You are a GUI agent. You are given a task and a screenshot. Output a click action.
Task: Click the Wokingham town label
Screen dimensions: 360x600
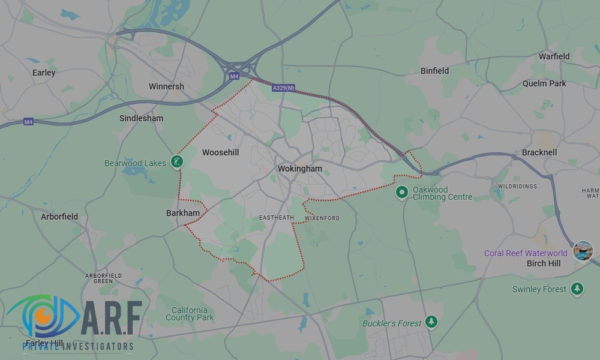(299, 169)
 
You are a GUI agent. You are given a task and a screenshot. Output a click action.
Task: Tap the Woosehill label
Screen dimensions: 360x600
(220, 152)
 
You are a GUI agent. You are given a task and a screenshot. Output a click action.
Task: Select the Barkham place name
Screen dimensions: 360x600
(182, 213)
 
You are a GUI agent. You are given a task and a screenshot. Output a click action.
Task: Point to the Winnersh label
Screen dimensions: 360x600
(166, 86)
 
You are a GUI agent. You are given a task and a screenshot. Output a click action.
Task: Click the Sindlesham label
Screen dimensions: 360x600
(141, 118)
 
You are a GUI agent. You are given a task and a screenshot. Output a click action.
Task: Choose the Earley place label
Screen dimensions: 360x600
(44, 73)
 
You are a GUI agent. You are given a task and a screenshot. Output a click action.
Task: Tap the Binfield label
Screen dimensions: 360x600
(434, 71)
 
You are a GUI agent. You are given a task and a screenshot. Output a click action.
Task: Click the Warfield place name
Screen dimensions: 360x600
(554, 56)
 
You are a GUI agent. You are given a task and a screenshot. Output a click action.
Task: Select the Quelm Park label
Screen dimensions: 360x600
(544, 83)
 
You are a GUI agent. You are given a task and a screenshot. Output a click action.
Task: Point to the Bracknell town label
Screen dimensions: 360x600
(539, 152)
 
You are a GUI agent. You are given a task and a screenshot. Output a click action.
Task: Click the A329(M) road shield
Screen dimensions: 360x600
(284, 88)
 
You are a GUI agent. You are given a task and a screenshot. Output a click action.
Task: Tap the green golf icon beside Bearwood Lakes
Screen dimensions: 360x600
(176, 161)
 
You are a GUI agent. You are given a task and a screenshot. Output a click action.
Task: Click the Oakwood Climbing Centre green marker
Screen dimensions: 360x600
(402, 193)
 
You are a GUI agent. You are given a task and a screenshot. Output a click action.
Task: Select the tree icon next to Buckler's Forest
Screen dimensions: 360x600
(431, 322)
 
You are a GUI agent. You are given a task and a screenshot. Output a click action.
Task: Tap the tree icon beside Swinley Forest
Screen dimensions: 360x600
(577, 289)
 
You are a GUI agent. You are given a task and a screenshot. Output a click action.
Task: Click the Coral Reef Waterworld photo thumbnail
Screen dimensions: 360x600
(583, 250)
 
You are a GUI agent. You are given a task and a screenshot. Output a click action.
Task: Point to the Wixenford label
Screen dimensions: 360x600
(322, 218)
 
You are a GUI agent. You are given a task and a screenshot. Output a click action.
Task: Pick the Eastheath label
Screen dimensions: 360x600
(276, 218)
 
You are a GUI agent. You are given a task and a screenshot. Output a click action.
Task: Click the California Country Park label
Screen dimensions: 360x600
(189, 314)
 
